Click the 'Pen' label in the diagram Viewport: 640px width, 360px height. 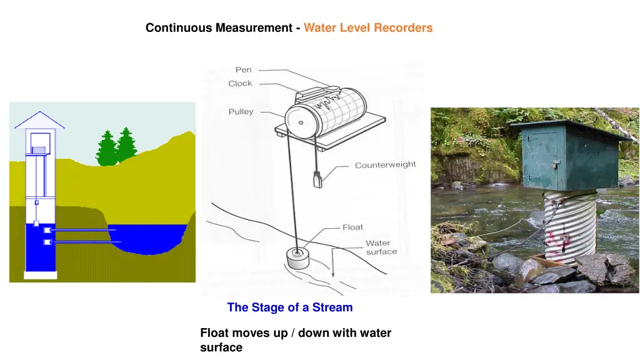(244, 70)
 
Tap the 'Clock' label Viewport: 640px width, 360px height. (240, 83)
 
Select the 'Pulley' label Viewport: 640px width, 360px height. (241, 111)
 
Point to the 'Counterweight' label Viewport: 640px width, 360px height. (385, 164)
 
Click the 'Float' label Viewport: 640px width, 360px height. (352, 227)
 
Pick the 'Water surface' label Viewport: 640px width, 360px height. (381, 247)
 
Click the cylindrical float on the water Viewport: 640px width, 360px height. (298, 258)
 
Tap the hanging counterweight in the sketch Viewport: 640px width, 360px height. (317, 179)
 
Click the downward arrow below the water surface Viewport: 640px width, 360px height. (333, 262)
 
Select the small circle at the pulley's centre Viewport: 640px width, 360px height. (301, 122)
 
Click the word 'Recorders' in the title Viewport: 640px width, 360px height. (403, 27)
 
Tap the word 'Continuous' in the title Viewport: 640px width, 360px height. (179, 27)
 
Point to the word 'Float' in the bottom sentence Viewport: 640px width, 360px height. (214, 333)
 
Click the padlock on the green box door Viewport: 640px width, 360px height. (556, 164)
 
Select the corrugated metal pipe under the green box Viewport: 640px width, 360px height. (569, 226)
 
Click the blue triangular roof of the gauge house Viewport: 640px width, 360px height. (39, 120)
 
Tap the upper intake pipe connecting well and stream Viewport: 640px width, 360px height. (82, 230)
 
